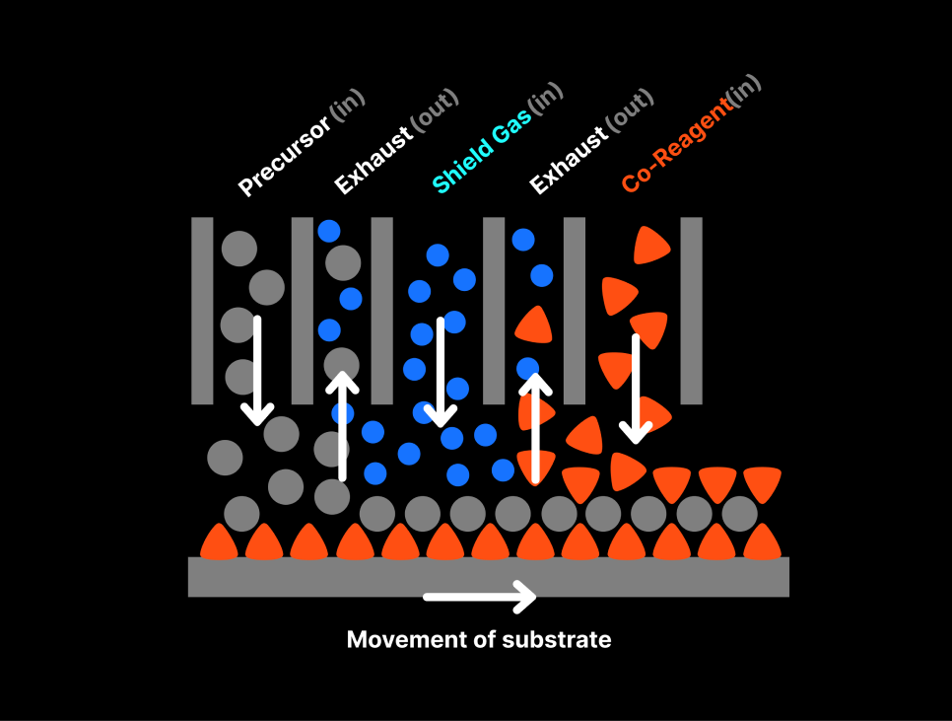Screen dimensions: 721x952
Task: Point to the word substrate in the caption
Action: pyautogui.click(x=557, y=640)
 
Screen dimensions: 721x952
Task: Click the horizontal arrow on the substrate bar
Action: pyautogui.click(x=480, y=596)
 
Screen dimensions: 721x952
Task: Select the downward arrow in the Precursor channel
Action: pyautogui.click(x=257, y=370)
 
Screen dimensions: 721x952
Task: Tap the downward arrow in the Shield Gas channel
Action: pyautogui.click(x=441, y=370)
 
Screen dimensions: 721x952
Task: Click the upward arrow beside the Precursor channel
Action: pyautogui.click(x=342, y=425)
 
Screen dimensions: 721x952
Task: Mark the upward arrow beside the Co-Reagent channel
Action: pyautogui.click(x=535, y=425)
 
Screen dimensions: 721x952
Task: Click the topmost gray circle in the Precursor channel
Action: pyautogui.click(x=238, y=248)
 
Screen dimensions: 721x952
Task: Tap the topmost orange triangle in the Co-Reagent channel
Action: pyautogui.click(x=650, y=246)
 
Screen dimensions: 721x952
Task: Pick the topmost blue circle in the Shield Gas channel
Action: pyautogui.click(x=438, y=255)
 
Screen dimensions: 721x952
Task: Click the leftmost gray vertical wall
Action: pyautogui.click(x=202, y=310)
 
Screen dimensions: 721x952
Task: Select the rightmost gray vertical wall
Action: pyautogui.click(x=691, y=310)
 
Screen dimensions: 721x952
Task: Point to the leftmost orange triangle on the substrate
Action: pyautogui.click(x=219, y=541)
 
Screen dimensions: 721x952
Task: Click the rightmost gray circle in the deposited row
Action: pyautogui.click(x=739, y=514)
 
